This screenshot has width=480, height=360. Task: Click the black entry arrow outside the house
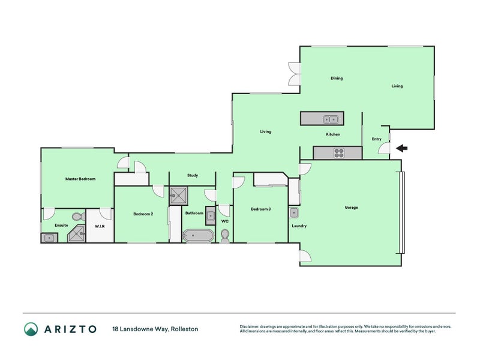pyautogui.click(x=401, y=149)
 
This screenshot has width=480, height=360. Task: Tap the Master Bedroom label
pyautogui.click(x=80, y=179)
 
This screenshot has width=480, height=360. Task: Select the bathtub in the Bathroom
pyautogui.click(x=198, y=235)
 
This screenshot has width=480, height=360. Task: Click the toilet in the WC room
pyautogui.click(x=225, y=236)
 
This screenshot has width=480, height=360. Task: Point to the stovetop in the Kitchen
pyautogui.click(x=339, y=153)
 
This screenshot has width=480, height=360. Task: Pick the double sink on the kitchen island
pyautogui.click(x=331, y=119)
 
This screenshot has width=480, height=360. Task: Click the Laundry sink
pyautogui.click(x=293, y=213)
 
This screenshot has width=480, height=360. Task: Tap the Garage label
pyautogui.click(x=351, y=207)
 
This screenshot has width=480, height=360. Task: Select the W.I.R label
pyautogui.click(x=100, y=226)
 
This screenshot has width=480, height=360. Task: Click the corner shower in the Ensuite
pyautogui.click(x=77, y=233)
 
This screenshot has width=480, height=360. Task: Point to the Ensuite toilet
pyautogui.click(x=79, y=217)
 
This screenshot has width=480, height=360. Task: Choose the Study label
pyautogui.click(x=193, y=175)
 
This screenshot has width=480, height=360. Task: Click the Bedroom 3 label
pyautogui.click(x=261, y=209)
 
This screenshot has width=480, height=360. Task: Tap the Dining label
pyautogui.click(x=337, y=78)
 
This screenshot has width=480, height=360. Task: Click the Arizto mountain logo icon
pyautogui.click(x=31, y=329)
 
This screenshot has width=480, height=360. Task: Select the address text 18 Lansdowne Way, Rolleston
pyautogui.click(x=155, y=329)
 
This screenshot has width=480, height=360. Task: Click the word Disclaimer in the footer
pyautogui.click(x=249, y=326)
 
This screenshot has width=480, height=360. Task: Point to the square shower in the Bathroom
pyautogui.click(x=178, y=196)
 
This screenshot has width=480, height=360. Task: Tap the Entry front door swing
pyautogui.click(x=384, y=148)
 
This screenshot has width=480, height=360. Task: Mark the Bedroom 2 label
pyautogui.click(x=143, y=214)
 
